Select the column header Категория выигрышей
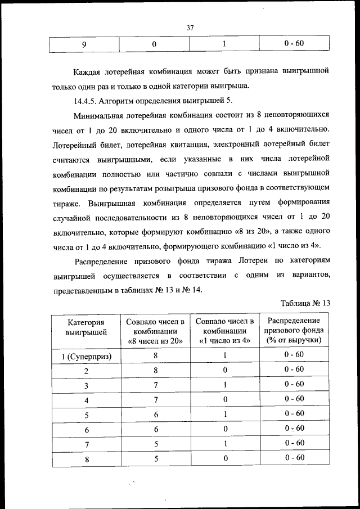(87, 327)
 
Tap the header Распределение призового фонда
(294, 330)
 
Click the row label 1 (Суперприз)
(87, 357)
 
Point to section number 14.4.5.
(88, 101)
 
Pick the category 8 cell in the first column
(87, 459)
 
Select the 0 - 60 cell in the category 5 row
(294, 413)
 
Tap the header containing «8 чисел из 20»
(155, 331)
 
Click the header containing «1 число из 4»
(224, 331)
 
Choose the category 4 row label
(87, 400)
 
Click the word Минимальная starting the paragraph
(103, 115)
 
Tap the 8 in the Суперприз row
(155, 356)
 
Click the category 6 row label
(87, 429)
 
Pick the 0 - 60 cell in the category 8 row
(294, 458)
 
